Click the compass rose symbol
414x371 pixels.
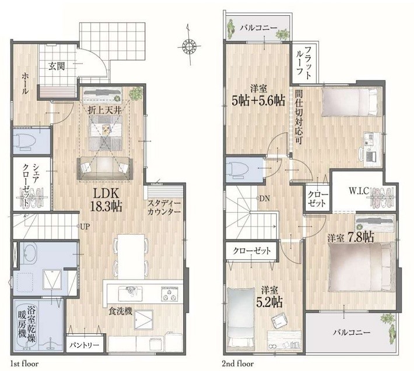(x=189, y=47)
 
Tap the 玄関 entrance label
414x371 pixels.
(x=57, y=66)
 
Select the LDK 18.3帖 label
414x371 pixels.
(x=106, y=200)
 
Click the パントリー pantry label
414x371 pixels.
(x=85, y=345)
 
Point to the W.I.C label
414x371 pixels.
(x=359, y=191)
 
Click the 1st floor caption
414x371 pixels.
(x=24, y=364)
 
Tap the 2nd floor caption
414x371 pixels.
(x=238, y=364)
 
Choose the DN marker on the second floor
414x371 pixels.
(x=264, y=199)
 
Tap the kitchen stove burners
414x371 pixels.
(x=169, y=294)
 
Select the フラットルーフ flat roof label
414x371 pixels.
(x=304, y=63)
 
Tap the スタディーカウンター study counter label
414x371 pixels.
(x=164, y=207)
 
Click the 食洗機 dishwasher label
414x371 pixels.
(x=120, y=312)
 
